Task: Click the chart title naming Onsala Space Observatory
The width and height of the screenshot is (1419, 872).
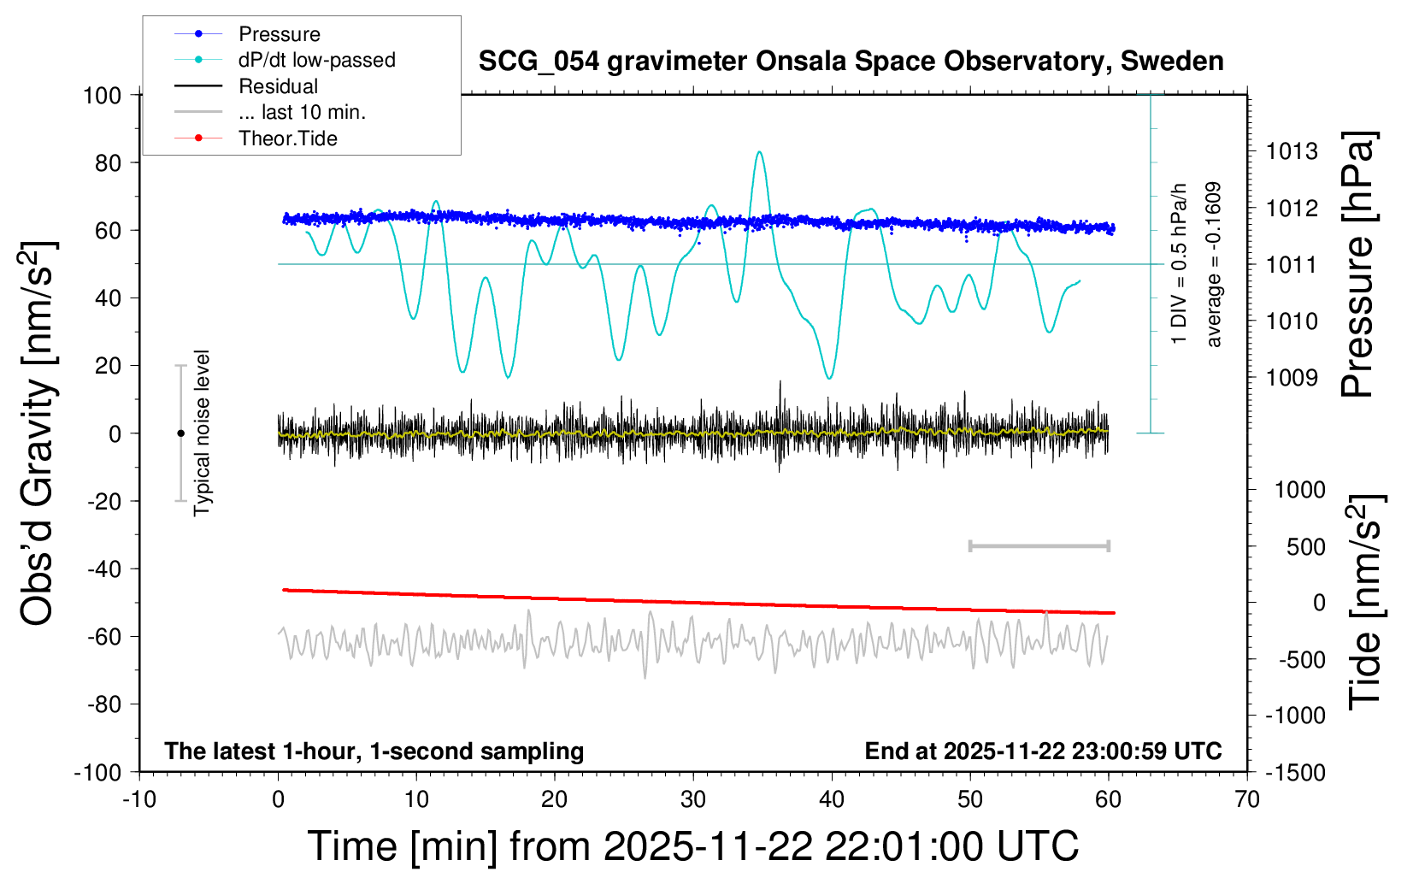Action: tap(851, 62)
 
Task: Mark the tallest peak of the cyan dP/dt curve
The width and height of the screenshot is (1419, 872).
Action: tap(759, 152)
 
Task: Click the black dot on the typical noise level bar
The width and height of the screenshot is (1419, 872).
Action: tap(180, 433)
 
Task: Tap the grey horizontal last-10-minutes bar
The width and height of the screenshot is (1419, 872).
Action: tap(1039, 545)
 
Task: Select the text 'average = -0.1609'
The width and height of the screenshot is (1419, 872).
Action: tap(1214, 265)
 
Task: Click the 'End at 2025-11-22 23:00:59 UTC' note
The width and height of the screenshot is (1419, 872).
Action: tap(1043, 751)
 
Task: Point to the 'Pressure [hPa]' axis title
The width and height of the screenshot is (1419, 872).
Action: tap(1357, 265)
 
